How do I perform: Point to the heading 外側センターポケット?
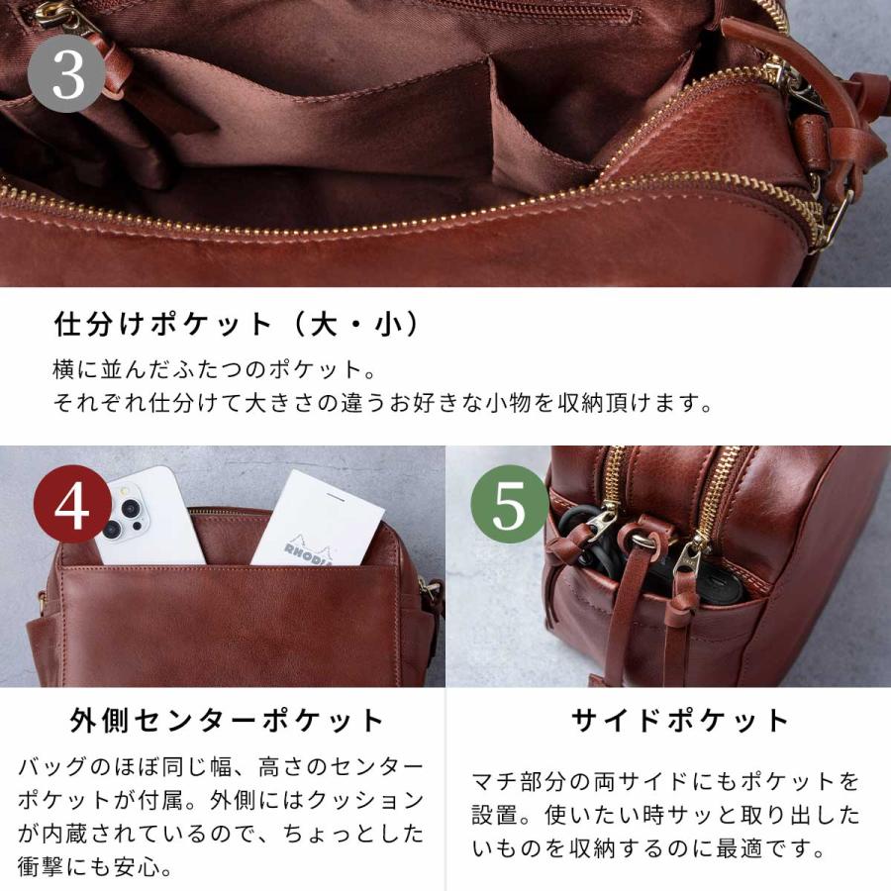227,720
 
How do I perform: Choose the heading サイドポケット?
681,720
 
